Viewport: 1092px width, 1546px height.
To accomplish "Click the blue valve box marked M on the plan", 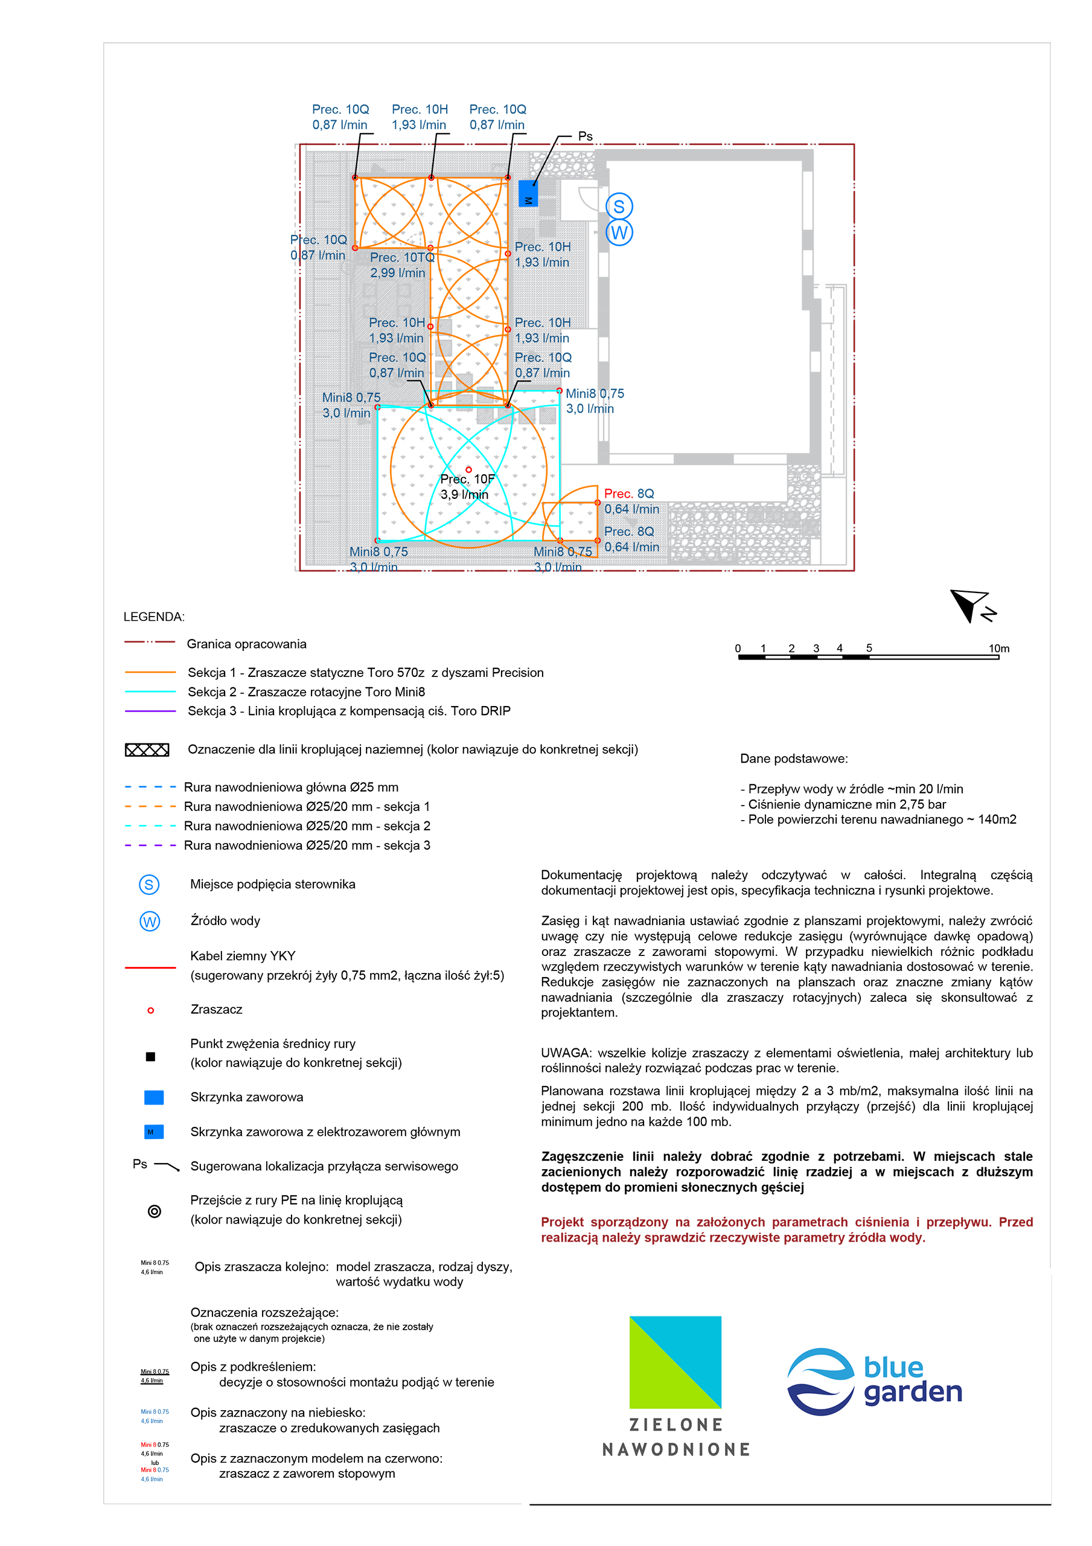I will pos(528,193).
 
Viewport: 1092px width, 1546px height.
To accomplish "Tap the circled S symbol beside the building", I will pos(619,207).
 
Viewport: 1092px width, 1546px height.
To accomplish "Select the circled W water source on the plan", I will pos(619,233).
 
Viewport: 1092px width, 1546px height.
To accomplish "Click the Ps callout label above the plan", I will pos(585,136).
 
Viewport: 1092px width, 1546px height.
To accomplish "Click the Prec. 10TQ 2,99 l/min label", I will pos(402,265).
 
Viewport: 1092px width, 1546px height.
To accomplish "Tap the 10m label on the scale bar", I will pos(998,649).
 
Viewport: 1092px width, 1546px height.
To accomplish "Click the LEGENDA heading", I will pos(153,617).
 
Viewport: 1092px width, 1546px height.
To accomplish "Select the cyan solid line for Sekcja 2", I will pos(150,691).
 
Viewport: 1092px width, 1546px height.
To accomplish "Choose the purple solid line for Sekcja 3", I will pos(150,710).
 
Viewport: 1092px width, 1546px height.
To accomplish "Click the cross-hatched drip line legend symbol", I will pos(147,749).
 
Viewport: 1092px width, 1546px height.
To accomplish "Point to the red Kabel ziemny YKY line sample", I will pos(150,967).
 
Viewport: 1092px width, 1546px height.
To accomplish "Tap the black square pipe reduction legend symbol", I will pos(150,1056).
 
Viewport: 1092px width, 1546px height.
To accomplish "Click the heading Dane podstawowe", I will pos(794,759).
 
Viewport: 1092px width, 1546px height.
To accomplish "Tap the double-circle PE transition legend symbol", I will pos(154,1211).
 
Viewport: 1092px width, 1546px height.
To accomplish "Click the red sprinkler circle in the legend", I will pos(150,1010).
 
